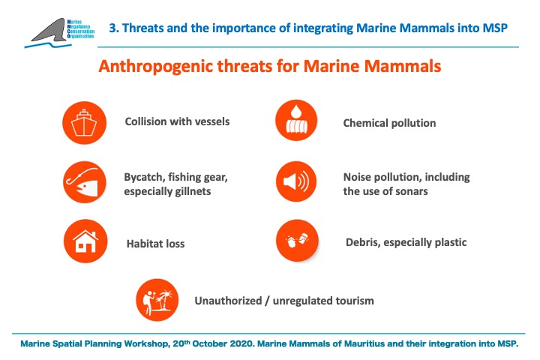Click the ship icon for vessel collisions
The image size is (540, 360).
coord(84,123)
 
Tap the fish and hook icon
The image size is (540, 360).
coord(84,182)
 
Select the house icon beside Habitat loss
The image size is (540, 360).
coord(85,241)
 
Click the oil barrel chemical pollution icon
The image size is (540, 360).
coord(296,121)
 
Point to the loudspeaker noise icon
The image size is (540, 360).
coord(296,181)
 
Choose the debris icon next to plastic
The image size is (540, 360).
coord(297,240)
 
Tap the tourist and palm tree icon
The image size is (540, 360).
coord(157,300)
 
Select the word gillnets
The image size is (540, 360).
coord(193,191)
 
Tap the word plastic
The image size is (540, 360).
coord(451,242)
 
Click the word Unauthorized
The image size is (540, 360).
coord(228,301)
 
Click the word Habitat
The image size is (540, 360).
coord(145,244)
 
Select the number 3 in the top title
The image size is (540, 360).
coord(112,28)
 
